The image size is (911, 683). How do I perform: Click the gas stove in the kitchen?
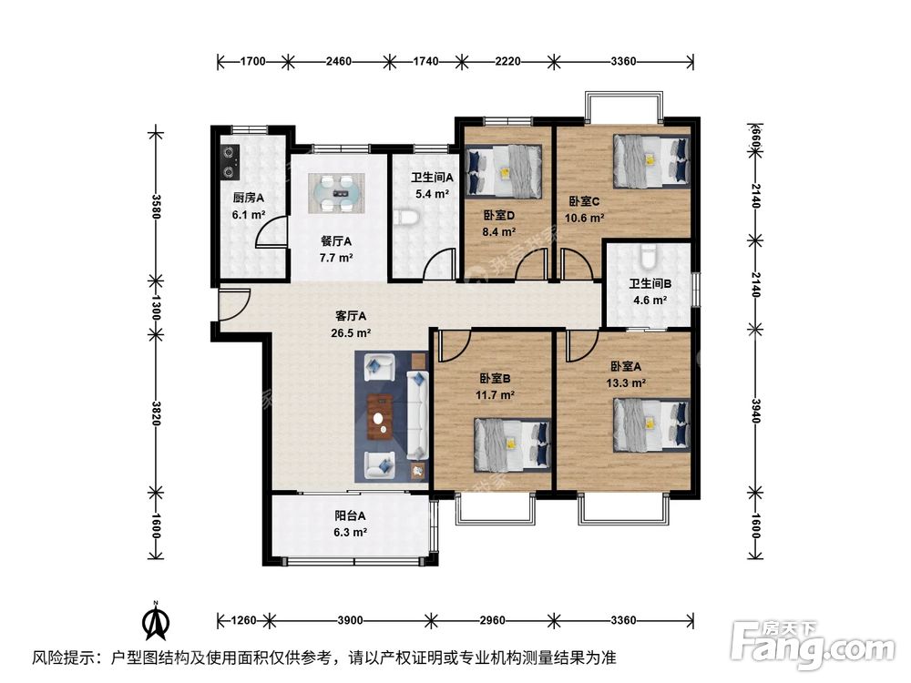(x=230, y=162)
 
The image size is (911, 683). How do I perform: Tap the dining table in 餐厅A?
(x=336, y=193)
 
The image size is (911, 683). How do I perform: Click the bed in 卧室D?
(x=504, y=170)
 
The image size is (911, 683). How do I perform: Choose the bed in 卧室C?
(x=652, y=161)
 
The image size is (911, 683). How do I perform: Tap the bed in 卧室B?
(x=512, y=444)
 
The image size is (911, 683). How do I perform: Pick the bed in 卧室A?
(x=652, y=425)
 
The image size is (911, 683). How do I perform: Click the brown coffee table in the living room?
(x=380, y=416)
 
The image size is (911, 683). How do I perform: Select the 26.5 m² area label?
(x=351, y=333)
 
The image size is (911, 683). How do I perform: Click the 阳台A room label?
(x=350, y=515)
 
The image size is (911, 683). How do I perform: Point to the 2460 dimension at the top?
(x=338, y=61)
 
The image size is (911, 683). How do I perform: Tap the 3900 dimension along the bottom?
(x=351, y=620)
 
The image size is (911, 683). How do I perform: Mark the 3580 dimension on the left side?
(x=156, y=206)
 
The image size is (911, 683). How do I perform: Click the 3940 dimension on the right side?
(x=755, y=412)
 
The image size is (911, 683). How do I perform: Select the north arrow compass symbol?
(x=155, y=621)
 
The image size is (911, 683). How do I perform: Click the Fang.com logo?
(x=813, y=645)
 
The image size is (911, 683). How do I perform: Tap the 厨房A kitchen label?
(x=249, y=198)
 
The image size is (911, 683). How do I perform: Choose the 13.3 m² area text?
(x=627, y=383)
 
